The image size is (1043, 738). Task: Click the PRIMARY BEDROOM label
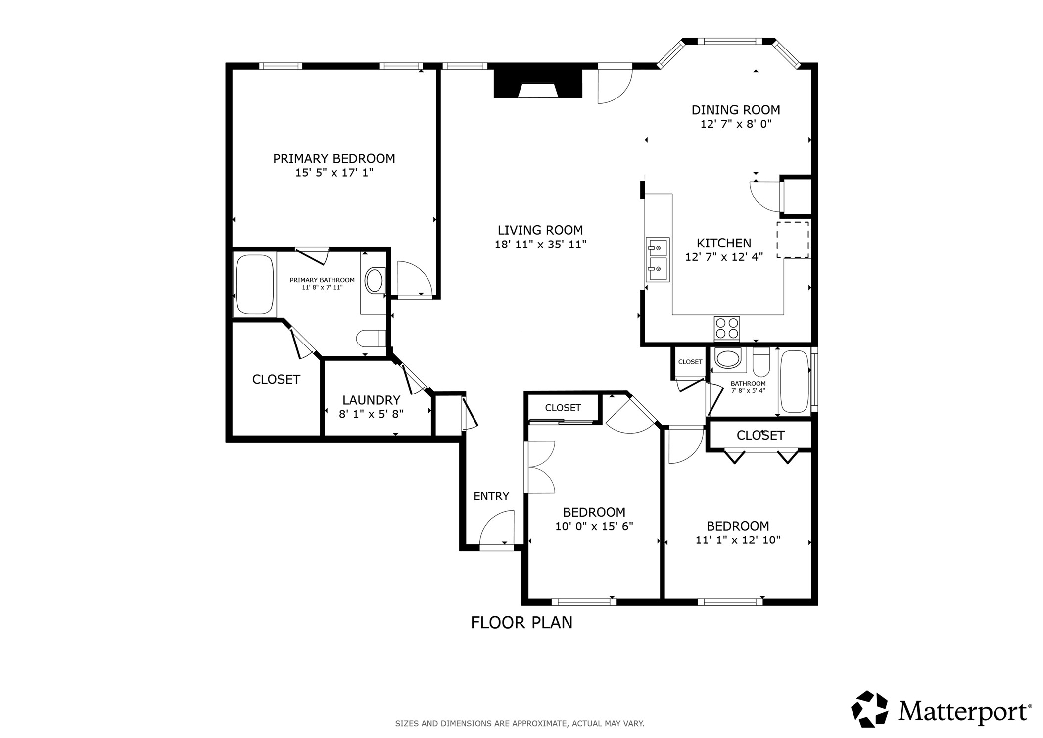pos(334,159)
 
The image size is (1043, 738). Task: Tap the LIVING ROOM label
pos(540,230)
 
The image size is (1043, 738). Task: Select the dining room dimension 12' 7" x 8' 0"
pos(736,124)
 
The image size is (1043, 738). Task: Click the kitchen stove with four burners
pos(727,329)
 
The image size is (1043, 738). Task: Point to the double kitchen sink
pos(658,260)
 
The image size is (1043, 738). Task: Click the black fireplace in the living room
pos(538,84)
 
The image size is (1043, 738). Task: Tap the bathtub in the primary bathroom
pos(255,285)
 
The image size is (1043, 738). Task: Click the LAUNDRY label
pos(371,400)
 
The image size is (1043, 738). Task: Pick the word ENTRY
pos(491,496)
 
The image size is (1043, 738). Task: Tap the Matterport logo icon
pos(869,710)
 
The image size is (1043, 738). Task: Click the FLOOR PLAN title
pos(521,623)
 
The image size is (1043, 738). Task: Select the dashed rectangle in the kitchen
pos(793,240)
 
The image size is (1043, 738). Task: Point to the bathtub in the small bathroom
pos(794,382)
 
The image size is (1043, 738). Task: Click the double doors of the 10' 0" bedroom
pos(540,466)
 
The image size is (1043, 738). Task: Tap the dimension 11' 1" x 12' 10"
pos(738,540)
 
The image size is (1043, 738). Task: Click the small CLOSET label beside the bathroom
pos(690,362)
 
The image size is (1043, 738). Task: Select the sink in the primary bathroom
pos(375,281)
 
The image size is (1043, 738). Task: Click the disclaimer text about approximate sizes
pos(520,724)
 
